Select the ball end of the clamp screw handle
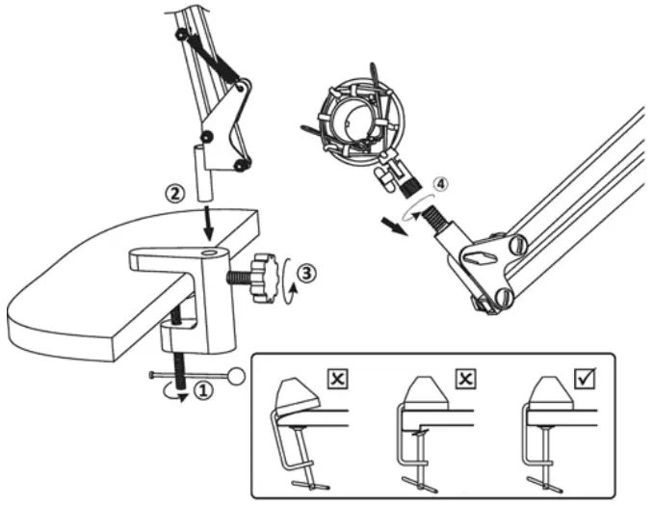[x=236, y=375]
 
